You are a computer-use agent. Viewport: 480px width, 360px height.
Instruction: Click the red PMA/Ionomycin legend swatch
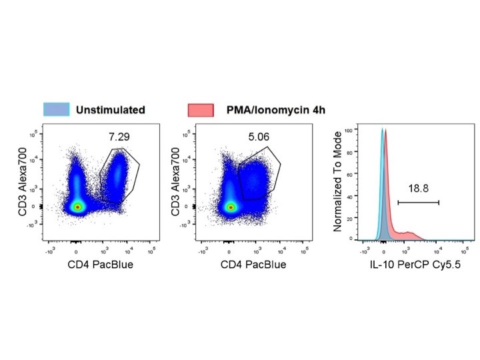[201, 109]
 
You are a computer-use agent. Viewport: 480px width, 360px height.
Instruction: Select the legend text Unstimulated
[110, 109]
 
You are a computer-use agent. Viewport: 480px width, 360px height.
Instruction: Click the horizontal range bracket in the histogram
[418, 202]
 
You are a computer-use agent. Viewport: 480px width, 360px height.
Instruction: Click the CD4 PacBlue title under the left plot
[101, 265]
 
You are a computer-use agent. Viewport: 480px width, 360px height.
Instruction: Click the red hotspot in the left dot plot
[78, 207]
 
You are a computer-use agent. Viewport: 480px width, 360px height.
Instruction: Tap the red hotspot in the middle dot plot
[231, 207]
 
